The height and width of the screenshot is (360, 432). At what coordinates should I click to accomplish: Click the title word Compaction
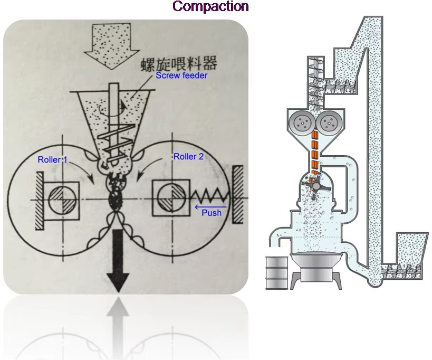[x=211, y=6]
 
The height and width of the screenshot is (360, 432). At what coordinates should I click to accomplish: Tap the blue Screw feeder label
[x=181, y=75]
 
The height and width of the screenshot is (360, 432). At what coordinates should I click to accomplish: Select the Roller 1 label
[x=52, y=159]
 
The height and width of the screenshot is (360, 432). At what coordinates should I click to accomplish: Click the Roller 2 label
[x=188, y=157]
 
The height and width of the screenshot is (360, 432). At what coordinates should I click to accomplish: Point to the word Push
[x=212, y=213]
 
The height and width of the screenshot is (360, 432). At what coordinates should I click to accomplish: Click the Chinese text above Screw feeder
[x=179, y=63]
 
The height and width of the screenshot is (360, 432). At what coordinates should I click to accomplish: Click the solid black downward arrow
[x=118, y=260]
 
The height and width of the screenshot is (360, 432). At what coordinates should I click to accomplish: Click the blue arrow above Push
[x=210, y=207]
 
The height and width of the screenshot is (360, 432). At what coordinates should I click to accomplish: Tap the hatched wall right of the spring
[x=238, y=194]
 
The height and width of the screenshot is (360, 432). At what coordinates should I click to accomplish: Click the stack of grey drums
[x=277, y=272]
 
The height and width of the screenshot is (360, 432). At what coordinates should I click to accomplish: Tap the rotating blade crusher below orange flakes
[x=316, y=187]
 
